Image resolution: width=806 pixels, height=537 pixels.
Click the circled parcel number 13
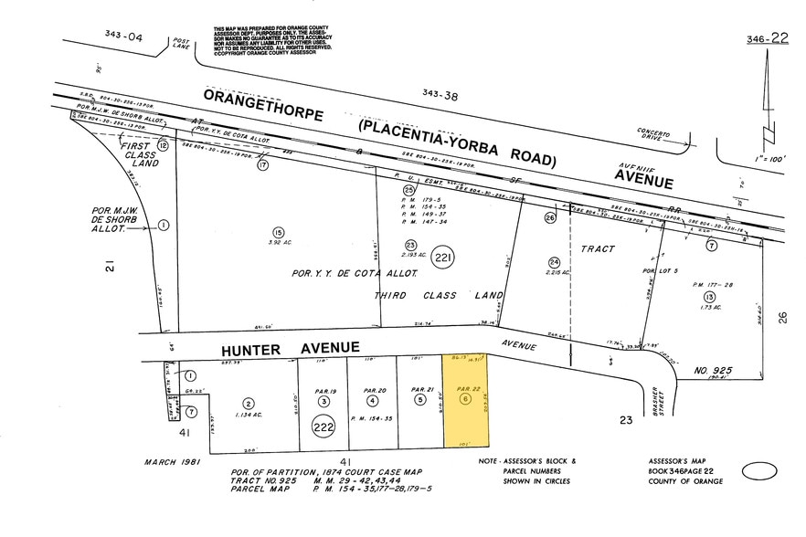tap(708, 298)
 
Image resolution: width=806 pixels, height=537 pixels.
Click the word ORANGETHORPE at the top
tap(265, 97)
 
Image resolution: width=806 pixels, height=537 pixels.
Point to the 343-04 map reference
tap(124, 36)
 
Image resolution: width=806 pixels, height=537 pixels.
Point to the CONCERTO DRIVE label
tap(661, 135)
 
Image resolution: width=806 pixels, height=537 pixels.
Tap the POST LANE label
tap(181, 43)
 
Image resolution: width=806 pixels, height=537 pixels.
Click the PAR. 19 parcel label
tap(326, 390)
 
